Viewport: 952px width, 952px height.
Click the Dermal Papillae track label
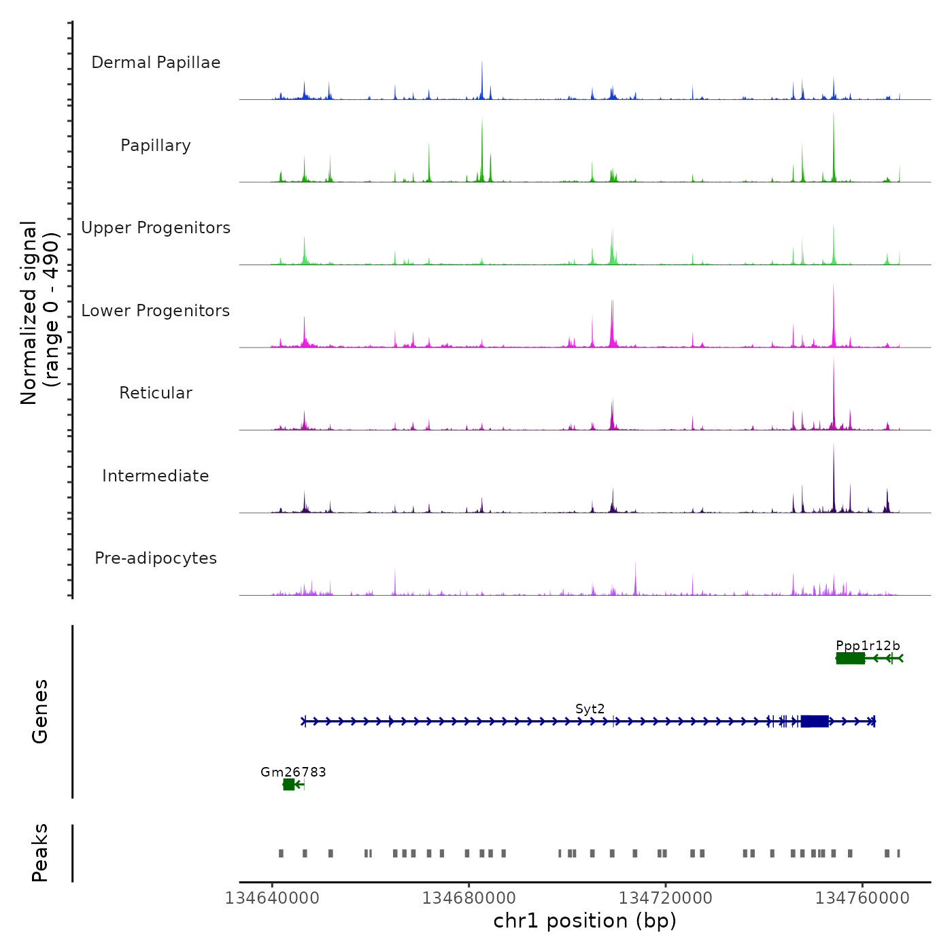coord(156,63)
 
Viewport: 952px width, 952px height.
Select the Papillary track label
coord(156,146)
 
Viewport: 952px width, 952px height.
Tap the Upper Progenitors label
coord(156,228)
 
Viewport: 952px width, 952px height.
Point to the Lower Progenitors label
coord(156,311)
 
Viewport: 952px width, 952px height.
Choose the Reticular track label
coord(156,393)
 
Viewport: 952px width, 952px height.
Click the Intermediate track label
coord(156,476)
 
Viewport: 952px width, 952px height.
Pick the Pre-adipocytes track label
coord(156,558)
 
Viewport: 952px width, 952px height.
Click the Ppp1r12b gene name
coord(868,645)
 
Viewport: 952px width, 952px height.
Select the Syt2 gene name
coord(590,709)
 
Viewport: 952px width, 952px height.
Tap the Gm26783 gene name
coord(293,772)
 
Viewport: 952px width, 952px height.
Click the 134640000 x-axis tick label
coord(272,898)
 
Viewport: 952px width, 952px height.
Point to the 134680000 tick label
coord(469,898)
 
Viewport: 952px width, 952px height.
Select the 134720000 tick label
coord(665,898)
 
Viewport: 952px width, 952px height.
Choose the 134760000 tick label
coord(862,898)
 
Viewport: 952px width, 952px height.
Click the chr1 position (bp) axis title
coord(585,921)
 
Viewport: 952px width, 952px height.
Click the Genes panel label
coord(40,711)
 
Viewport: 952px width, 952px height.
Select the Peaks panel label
coord(40,853)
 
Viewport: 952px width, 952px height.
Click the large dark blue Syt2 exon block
coord(815,721)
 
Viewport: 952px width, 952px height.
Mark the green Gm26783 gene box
coord(289,785)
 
